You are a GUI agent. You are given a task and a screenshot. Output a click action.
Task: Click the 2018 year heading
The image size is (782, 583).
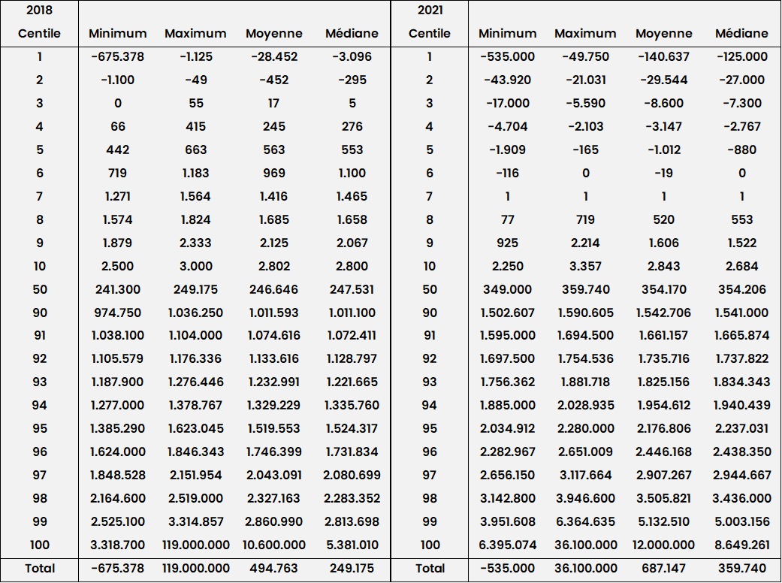[39, 11]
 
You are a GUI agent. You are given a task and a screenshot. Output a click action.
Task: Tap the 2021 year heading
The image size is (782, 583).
[429, 11]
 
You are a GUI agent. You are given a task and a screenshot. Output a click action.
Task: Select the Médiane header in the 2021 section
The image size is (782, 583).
[741, 33]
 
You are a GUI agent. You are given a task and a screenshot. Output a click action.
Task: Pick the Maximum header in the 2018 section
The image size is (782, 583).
[195, 33]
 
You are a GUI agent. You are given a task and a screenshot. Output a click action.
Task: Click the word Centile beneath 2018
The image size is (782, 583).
[39, 33]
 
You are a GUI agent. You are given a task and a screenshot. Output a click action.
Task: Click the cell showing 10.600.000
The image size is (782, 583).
[274, 545]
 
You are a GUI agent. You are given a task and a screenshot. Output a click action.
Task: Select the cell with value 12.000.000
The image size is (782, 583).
[664, 545]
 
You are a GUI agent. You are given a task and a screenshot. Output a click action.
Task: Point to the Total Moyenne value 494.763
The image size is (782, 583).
[274, 569]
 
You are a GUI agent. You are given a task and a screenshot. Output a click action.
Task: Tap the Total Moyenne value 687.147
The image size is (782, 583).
[664, 569]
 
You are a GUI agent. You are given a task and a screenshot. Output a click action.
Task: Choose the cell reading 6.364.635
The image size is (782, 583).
[585, 521]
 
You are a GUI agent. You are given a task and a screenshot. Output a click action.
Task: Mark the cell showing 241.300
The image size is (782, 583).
[117, 289]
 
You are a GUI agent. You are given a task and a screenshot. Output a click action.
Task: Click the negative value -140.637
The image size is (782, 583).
[664, 56]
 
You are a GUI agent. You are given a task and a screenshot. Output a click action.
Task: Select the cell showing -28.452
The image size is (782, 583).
[274, 56]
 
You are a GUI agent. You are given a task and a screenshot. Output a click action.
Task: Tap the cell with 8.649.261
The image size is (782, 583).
[741, 545]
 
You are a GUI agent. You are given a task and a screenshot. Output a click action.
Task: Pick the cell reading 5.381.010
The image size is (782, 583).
[352, 545]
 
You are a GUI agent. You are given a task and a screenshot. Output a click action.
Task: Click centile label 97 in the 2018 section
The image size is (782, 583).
[39, 475]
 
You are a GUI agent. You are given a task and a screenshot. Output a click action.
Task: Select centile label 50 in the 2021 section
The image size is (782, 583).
[429, 289]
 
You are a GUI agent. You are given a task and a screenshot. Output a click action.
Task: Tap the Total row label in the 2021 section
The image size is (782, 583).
[429, 569]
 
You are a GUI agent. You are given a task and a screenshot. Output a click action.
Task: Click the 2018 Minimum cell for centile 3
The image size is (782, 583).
[117, 103]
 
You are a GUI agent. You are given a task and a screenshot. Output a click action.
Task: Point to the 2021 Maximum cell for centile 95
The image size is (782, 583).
[585, 428]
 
